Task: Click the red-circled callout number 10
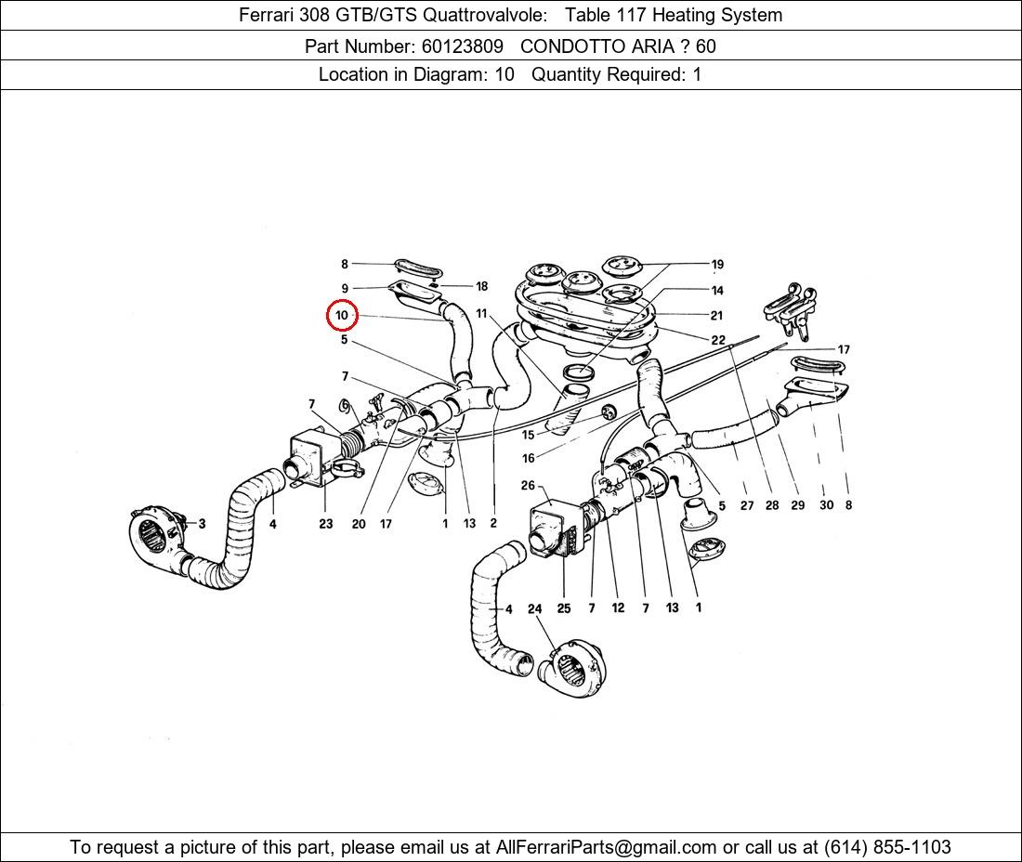click(342, 316)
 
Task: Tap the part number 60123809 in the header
click(462, 46)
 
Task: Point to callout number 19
click(717, 265)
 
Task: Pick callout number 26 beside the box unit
click(528, 486)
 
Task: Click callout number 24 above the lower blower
click(534, 608)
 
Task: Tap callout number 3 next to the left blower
click(202, 523)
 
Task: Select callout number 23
click(326, 523)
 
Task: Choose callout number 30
click(826, 505)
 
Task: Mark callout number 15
click(528, 435)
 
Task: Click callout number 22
click(717, 340)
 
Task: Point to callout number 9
click(345, 288)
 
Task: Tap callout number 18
click(481, 286)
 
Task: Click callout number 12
click(618, 607)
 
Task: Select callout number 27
click(747, 505)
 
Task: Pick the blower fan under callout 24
click(573, 669)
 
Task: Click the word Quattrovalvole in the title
click(485, 15)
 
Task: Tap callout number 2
click(493, 523)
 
